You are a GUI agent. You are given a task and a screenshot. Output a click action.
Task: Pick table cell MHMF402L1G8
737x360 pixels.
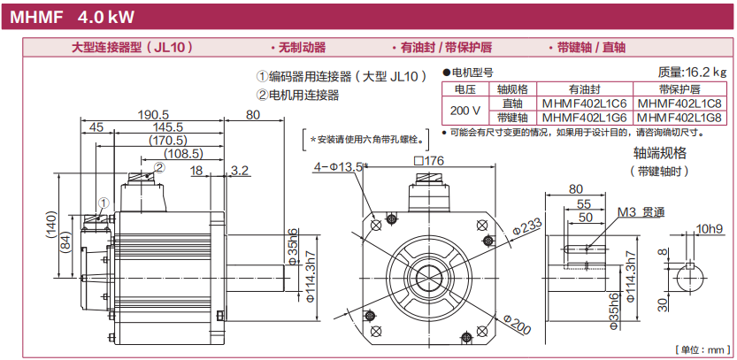(679, 116)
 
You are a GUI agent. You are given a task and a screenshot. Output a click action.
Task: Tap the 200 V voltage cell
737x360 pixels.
(464, 110)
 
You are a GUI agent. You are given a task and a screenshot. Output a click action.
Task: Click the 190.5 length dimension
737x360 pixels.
(153, 114)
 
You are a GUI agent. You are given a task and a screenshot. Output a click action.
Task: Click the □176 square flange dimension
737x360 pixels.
(427, 161)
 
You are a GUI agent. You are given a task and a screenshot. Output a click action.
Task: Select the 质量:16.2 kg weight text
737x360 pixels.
(693, 72)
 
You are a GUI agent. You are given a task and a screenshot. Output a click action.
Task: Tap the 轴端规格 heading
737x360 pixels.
(658, 153)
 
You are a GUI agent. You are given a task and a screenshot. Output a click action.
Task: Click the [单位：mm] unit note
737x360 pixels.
(702, 349)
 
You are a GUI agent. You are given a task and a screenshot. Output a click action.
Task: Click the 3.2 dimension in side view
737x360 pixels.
(239, 169)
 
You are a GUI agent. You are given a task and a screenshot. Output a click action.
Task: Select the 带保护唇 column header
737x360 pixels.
(679, 89)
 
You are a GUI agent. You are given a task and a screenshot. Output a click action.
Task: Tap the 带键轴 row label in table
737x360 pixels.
(512, 116)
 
